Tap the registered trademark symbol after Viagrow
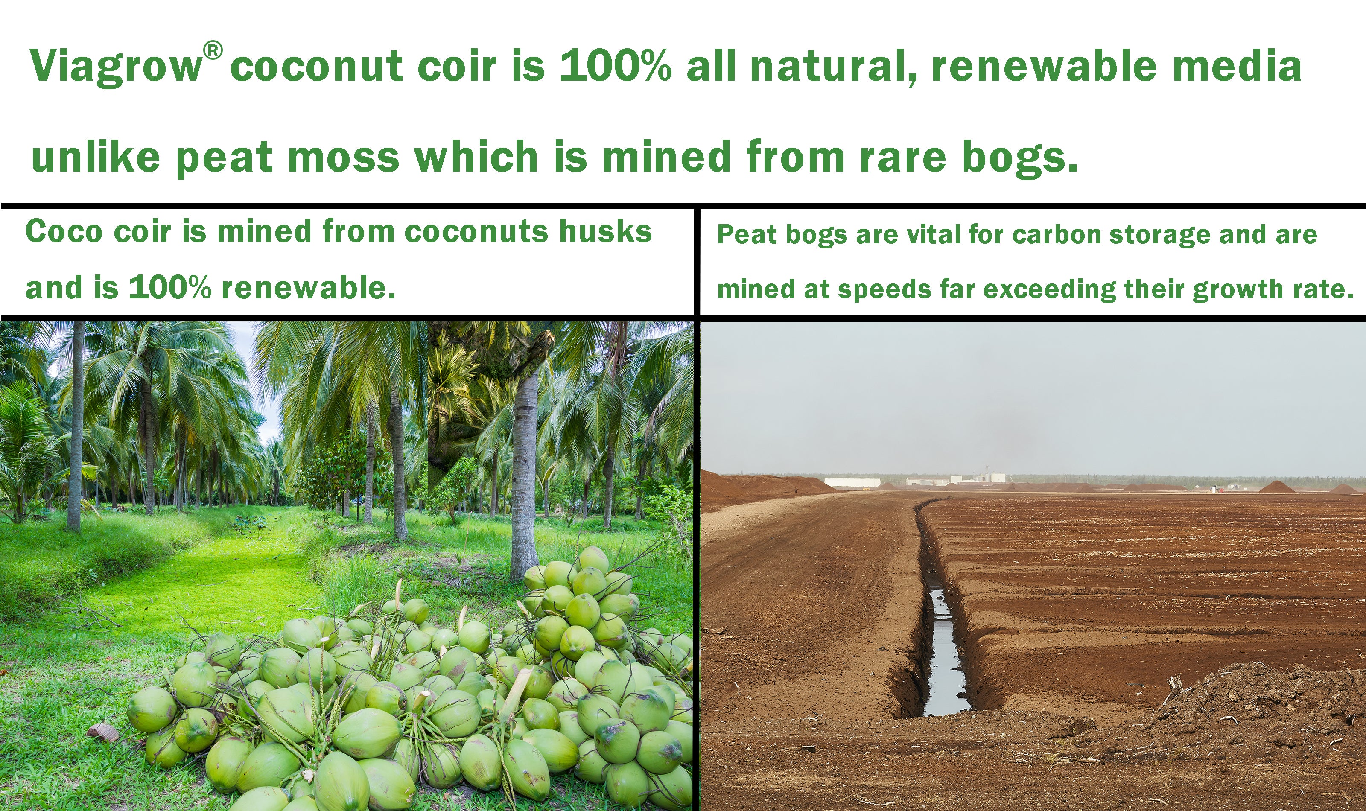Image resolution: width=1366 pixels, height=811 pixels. [213, 51]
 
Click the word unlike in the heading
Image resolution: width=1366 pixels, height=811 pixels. [96, 157]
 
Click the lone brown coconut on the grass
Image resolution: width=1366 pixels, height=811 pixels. [103, 731]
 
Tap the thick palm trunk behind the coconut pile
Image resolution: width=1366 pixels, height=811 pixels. [525, 481]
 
